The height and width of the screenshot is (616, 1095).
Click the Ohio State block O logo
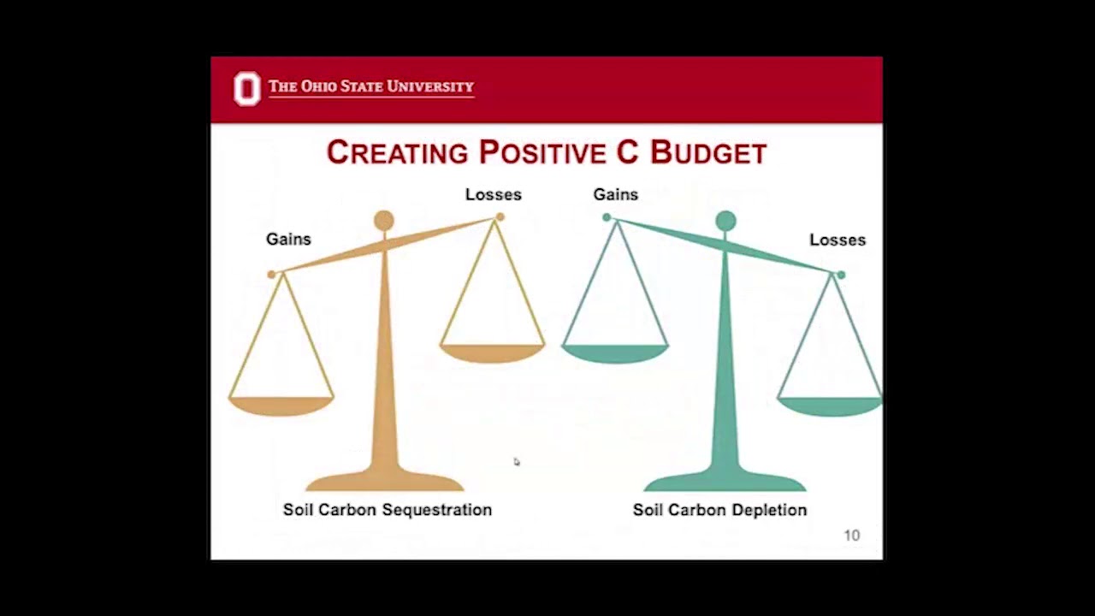pos(246,89)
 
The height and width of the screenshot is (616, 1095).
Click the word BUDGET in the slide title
pos(708,153)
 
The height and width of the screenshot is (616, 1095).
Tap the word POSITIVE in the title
pos(542,153)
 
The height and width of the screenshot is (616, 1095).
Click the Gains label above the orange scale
pos(288,240)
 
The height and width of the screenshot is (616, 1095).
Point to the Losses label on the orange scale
pos(493,195)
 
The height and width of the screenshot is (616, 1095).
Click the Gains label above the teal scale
pos(615,195)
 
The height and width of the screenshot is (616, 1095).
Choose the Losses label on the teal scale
pos(837,240)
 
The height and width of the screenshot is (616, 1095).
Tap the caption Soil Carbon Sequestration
pos(388,510)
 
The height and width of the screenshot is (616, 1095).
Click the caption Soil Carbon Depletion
pos(719,510)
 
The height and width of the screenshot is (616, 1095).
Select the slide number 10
pos(851,536)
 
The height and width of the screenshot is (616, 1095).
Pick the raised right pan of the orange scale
pos(492,352)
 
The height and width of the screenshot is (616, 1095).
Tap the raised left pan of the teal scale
pos(614,352)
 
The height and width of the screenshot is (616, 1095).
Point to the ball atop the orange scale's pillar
pos(384,222)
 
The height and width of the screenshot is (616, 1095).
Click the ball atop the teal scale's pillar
pos(725,222)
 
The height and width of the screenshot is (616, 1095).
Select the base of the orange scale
pos(384,481)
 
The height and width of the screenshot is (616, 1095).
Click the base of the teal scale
pos(725,481)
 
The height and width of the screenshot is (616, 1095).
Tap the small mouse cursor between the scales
pos(517,462)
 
